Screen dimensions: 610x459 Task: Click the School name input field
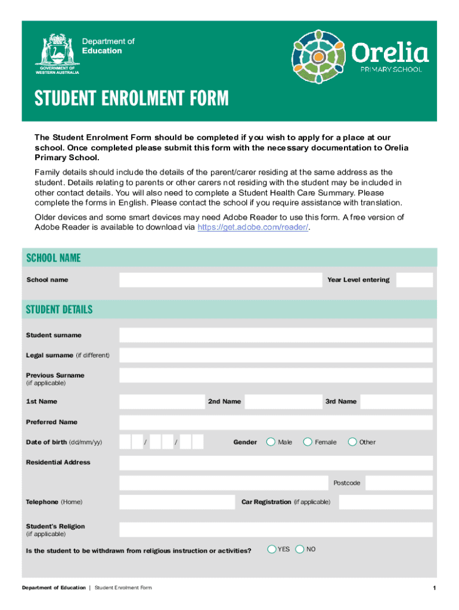tap(220, 280)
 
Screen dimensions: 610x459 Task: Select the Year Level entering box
tap(414, 280)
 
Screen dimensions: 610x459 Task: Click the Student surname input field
tap(275, 335)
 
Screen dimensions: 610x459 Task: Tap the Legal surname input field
tap(275, 356)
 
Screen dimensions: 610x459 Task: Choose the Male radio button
tap(271, 442)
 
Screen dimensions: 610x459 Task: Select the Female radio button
tap(308, 442)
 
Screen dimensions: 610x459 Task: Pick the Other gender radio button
tap(352, 442)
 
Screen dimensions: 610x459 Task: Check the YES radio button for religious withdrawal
tap(272, 549)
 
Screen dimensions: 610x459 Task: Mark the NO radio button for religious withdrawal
tap(300, 549)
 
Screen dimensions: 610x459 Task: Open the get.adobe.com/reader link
tap(253, 228)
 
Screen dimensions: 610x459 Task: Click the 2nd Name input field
tap(281, 402)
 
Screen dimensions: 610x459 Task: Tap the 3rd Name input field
tap(396, 402)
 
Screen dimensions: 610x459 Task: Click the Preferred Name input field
tap(275, 422)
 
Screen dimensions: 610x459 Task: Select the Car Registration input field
tap(386, 502)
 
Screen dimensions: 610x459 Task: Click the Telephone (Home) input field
tap(177, 502)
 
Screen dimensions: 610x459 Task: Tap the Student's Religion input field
tap(275, 530)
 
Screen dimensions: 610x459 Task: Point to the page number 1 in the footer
tap(435, 589)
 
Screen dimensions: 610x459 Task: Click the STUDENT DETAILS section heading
tap(60, 310)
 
